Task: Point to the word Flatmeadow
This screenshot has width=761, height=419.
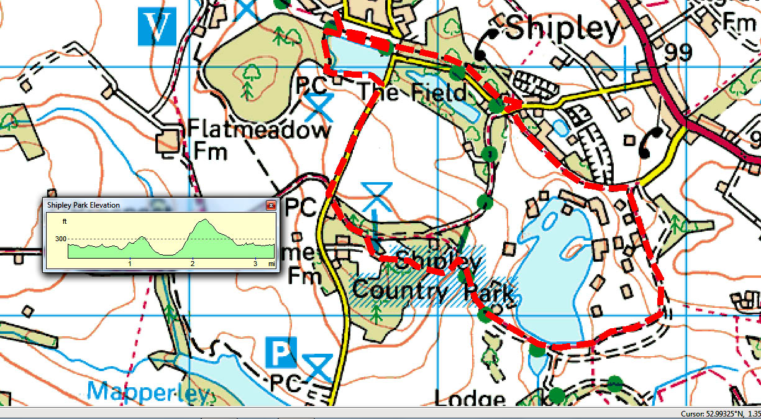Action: pyautogui.click(x=258, y=131)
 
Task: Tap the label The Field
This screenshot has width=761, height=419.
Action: pyautogui.click(x=412, y=93)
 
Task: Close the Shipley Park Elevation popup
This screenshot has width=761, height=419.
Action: pyautogui.click(x=271, y=205)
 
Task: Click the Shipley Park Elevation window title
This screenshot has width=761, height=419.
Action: pyautogui.click(x=83, y=205)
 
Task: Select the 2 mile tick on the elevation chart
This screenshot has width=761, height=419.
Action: pyautogui.click(x=193, y=264)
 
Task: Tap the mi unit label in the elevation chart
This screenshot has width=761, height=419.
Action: pyautogui.click(x=271, y=264)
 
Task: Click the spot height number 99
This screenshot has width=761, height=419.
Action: pyautogui.click(x=677, y=53)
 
